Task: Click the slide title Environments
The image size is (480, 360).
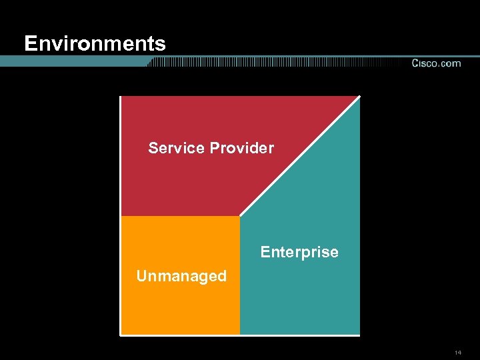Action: click(x=95, y=44)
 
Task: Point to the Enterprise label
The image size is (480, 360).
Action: click(x=299, y=252)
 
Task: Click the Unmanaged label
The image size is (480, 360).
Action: click(x=181, y=276)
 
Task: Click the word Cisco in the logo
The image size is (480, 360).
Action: click(x=424, y=63)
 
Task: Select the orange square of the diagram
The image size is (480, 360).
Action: click(x=180, y=307)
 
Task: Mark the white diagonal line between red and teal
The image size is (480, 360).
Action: click(x=300, y=156)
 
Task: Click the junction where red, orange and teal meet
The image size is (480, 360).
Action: click(x=240, y=216)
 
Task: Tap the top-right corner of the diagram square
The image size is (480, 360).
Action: click(x=359, y=97)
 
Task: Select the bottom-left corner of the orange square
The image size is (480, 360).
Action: click(x=121, y=333)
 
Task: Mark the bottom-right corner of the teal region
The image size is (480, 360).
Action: click(x=359, y=333)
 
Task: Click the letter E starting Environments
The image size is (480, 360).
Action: click(x=29, y=44)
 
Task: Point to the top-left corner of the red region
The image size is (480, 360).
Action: click(x=122, y=97)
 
